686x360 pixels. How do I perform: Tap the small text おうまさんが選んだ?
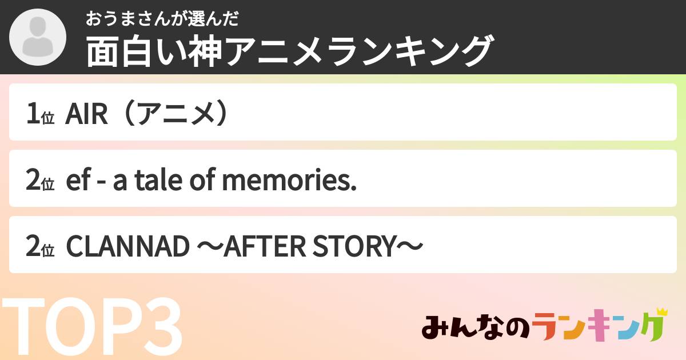pos(162,19)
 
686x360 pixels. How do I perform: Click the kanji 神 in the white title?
pos(205,51)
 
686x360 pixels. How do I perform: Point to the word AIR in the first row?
pos(86,115)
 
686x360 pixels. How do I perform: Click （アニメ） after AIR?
pos(174,115)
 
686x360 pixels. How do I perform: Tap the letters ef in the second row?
pos(76,181)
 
